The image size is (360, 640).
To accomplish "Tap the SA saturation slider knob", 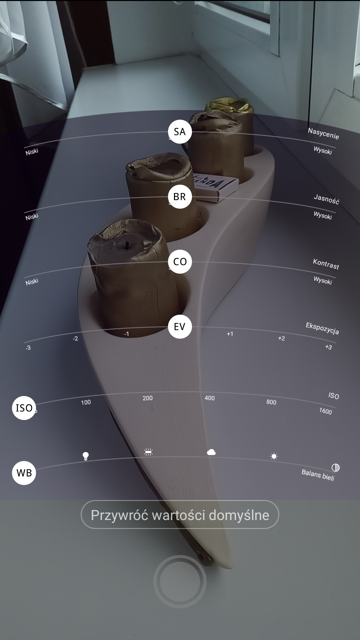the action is pyautogui.click(x=180, y=132).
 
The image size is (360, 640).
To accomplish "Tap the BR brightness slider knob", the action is pyautogui.click(x=180, y=197).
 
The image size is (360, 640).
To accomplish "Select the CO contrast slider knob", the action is pyautogui.click(x=180, y=262).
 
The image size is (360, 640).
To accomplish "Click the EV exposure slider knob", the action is pyautogui.click(x=180, y=327).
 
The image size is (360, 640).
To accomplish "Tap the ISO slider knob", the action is pyautogui.click(x=24, y=408).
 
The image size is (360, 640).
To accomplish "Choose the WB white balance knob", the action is pyautogui.click(x=24, y=473).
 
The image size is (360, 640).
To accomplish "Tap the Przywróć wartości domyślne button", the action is pyautogui.click(x=180, y=515).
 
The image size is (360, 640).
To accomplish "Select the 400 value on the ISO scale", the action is pyautogui.click(x=210, y=398).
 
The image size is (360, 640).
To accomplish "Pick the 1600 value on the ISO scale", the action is pyautogui.click(x=326, y=411).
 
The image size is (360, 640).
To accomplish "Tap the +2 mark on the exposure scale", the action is pyautogui.click(x=281, y=338).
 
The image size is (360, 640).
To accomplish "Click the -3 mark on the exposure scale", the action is pyautogui.click(x=28, y=348).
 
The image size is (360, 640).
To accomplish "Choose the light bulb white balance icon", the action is pyautogui.click(x=86, y=456).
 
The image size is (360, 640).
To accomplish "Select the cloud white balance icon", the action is pyautogui.click(x=211, y=452).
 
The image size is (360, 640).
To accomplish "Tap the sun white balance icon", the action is pyautogui.click(x=274, y=456).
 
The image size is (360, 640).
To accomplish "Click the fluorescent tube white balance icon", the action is pyautogui.click(x=148, y=452).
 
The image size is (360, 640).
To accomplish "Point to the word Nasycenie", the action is pyautogui.click(x=323, y=134).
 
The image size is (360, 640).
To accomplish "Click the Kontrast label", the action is pyautogui.click(x=326, y=264).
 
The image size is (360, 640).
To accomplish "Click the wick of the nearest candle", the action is pyautogui.click(x=127, y=245).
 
